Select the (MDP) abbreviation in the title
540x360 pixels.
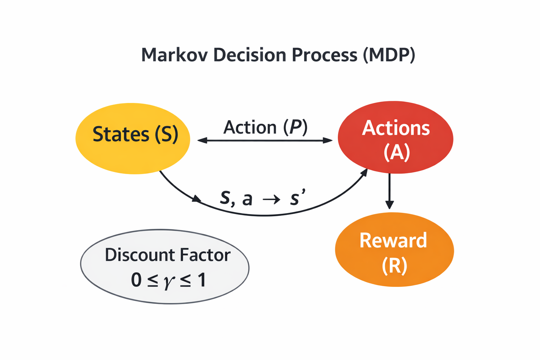point(389,55)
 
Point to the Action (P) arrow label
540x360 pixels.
point(265,127)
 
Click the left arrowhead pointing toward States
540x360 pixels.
point(202,141)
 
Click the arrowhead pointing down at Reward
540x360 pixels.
point(390,205)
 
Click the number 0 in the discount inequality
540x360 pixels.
point(136,280)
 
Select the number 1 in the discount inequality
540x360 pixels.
point(201,280)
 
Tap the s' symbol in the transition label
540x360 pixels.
point(297,198)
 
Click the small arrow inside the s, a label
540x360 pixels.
point(271,200)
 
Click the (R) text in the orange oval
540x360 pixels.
point(394,265)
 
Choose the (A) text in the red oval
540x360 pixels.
point(397,152)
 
